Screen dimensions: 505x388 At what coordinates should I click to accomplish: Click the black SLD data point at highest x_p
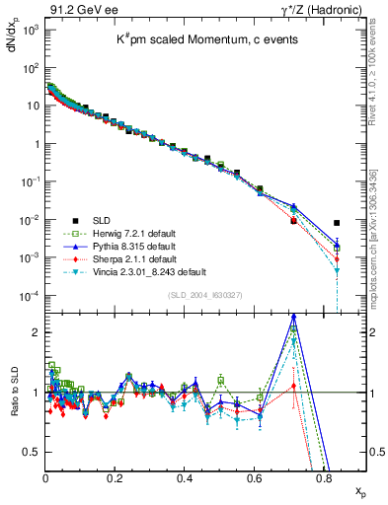[x=338, y=223]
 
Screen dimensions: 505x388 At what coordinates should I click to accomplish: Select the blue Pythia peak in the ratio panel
[x=293, y=317]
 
